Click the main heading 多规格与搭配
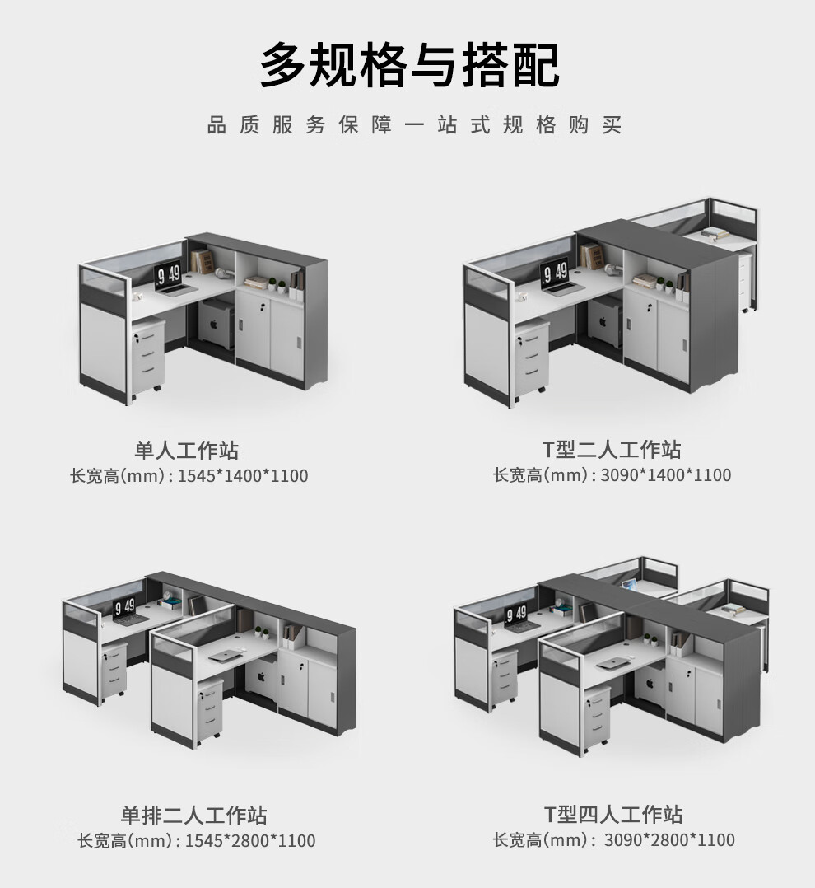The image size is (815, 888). pyautogui.click(x=409, y=66)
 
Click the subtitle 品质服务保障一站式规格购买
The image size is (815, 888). pyautogui.click(x=414, y=126)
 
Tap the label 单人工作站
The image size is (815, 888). pyautogui.click(x=187, y=451)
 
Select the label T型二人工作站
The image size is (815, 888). pyautogui.click(x=611, y=450)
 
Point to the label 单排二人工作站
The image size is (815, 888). pyautogui.click(x=194, y=816)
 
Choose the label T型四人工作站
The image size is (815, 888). pyautogui.click(x=613, y=815)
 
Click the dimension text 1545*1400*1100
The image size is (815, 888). pyautogui.click(x=243, y=476)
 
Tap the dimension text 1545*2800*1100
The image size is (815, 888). pyautogui.click(x=250, y=841)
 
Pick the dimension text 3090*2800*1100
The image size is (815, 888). pyautogui.click(x=669, y=840)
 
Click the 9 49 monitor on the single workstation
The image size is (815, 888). pyautogui.click(x=169, y=274)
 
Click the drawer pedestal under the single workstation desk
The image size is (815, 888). pyautogui.click(x=148, y=358)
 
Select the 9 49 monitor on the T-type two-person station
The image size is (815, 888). pyautogui.click(x=554, y=272)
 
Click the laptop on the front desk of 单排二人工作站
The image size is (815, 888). pyautogui.click(x=224, y=657)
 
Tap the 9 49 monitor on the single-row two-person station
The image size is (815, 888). pyautogui.click(x=125, y=608)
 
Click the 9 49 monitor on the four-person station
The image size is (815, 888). pyautogui.click(x=516, y=613)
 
